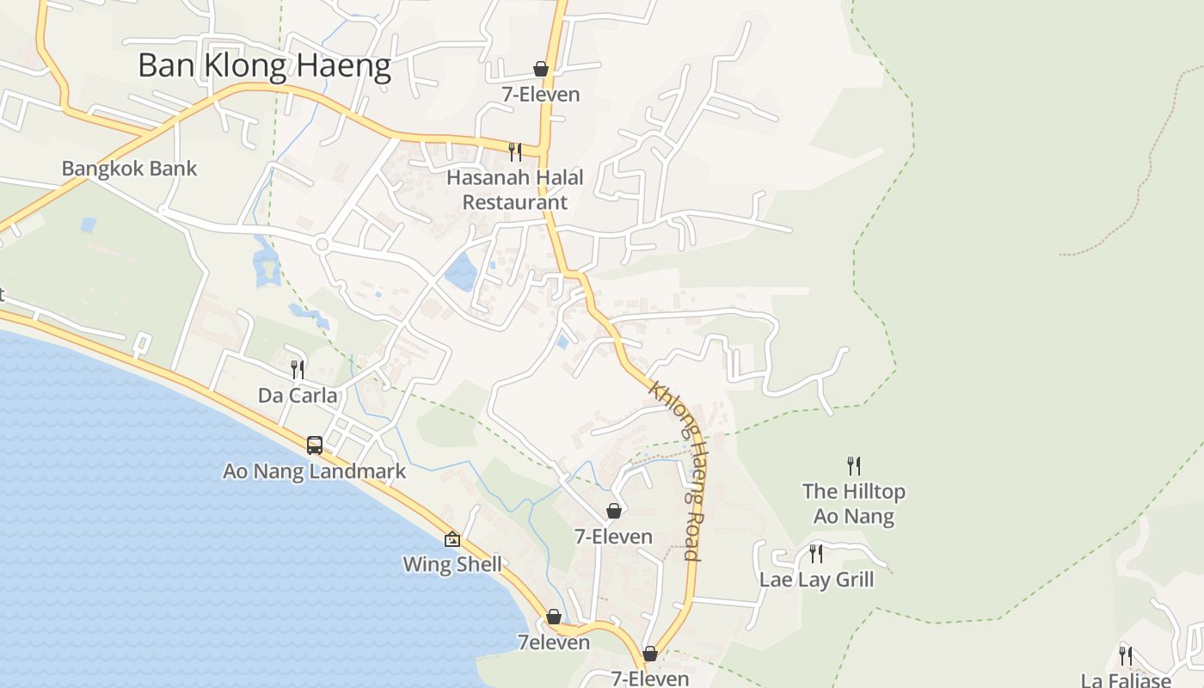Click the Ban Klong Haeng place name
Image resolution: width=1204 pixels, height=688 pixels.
[264, 66]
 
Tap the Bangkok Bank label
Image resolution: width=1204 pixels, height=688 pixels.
[129, 169]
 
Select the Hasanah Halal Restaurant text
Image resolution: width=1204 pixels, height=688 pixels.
[514, 190]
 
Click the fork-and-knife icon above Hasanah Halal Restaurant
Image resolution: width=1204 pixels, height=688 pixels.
[514, 152]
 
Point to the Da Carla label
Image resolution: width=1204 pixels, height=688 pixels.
[298, 396]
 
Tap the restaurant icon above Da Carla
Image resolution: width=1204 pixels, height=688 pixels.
[298, 370]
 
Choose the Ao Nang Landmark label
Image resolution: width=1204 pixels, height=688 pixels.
[314, 471]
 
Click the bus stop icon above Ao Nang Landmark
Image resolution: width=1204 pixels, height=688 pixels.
[315, 445]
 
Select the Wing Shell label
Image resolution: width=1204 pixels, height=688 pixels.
[452, 565]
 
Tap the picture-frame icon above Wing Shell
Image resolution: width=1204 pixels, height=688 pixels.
[452, 539]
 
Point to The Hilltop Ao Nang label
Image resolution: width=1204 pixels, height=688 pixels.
[854, 504]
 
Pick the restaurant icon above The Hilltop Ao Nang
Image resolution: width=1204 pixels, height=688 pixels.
[854, 466]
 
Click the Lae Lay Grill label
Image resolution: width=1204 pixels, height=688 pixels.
[816, 580]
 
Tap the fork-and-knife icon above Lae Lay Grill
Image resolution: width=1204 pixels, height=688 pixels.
[816, 553]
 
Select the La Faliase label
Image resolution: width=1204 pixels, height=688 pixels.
[1126, 680]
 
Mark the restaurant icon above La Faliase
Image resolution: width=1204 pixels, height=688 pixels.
[1126, 655]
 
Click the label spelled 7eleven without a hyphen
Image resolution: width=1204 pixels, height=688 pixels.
[554, 642]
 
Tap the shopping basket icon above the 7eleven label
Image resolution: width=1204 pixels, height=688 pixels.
[554, 617]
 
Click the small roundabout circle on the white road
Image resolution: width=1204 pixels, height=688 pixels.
[322, 245]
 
